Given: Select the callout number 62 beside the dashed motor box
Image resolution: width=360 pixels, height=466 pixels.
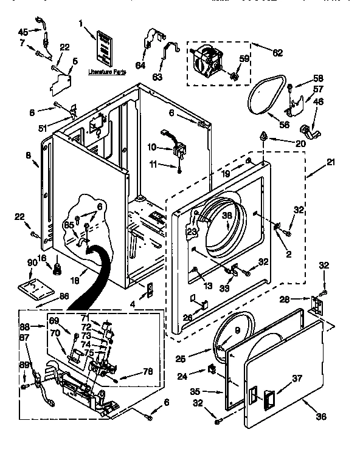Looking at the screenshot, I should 277,53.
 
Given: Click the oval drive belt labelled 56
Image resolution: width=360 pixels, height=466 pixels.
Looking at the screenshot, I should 266,97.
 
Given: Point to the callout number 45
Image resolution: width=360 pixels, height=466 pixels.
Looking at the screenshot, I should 22,32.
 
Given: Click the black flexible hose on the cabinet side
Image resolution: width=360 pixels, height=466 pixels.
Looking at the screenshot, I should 97,267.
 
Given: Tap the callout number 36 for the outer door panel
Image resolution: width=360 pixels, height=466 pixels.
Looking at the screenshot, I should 321,416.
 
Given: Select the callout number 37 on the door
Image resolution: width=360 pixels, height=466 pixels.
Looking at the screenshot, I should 297,379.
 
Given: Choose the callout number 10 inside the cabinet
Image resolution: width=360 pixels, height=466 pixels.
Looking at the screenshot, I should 152,146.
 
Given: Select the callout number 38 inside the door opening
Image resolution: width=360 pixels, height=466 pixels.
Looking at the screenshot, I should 227,214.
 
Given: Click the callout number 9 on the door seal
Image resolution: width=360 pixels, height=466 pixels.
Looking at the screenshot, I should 238,331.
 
